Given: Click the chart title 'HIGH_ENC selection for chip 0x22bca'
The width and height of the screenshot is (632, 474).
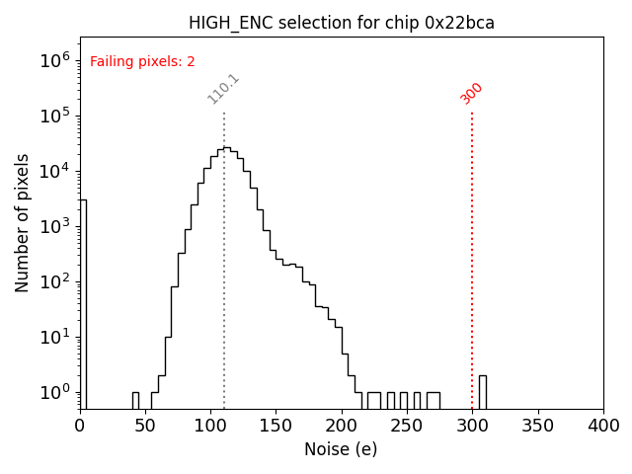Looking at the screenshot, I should [342, 23].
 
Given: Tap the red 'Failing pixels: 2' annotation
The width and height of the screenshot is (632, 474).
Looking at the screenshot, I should [142, 61].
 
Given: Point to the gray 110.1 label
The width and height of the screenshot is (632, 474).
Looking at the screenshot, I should [223, 88].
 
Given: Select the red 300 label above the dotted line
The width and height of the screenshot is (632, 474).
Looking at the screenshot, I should [472, 92].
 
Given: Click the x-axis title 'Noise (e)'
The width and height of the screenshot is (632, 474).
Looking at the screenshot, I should [341, 449].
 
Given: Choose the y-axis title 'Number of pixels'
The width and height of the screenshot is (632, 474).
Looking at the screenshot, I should [23, 222].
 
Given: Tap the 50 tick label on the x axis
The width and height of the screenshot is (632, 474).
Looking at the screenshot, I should [145, 426].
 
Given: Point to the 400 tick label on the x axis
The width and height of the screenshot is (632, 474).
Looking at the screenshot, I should [602, 426].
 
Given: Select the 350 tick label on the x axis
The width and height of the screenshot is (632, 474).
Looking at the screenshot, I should [537, 426].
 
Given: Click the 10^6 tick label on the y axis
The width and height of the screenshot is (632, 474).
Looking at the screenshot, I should [54, 60].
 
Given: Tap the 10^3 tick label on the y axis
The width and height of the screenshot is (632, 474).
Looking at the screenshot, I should [54, 226].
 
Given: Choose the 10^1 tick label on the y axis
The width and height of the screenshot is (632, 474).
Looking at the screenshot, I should [54, 337].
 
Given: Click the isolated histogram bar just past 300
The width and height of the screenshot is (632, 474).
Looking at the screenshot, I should [482, 391].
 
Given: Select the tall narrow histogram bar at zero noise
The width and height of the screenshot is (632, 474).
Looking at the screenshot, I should [83, 296].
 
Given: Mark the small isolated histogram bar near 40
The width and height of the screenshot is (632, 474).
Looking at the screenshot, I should [135, 400].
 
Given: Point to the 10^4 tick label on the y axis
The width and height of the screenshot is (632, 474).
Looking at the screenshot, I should [54, 171].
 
